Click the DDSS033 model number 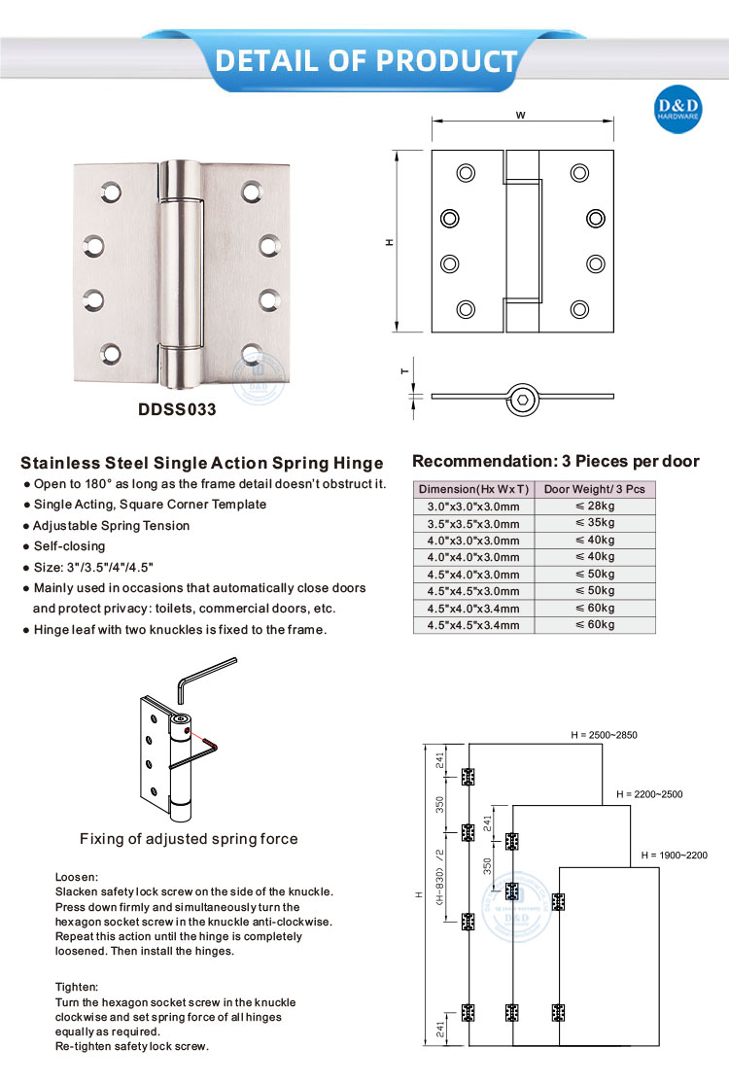click(178, 410)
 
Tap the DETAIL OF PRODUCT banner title click(365, 60)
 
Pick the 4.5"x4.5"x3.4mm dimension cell click(473, 625)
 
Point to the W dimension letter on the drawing click(521, 115)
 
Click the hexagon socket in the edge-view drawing click(525, 398)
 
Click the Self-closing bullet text click(69, 546)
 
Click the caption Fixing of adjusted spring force click(189, 839)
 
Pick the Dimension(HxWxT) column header click(473, 489)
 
